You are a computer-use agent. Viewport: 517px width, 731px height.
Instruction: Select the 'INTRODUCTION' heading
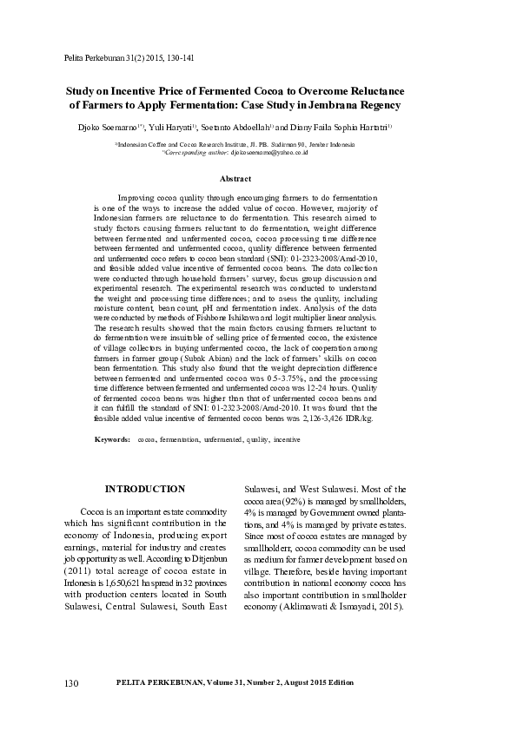point(144,489)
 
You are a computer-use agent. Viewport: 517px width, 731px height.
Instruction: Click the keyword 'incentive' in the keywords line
point(287,440)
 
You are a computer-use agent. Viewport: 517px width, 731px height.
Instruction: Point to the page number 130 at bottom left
point(72,708)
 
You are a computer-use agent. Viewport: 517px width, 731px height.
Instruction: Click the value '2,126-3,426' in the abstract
point(325,418)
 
